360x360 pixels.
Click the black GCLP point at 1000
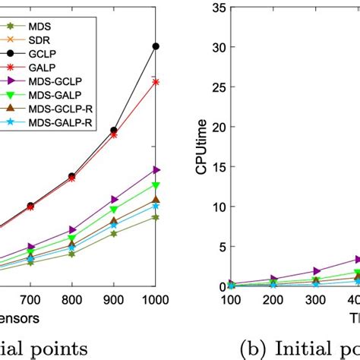(156, 46)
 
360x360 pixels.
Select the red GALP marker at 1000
(156, 81)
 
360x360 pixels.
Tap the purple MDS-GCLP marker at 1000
(156, 169)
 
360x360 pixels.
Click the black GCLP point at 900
(114, 130)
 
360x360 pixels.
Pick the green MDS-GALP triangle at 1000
(156, 185)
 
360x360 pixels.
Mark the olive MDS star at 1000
(156, 217)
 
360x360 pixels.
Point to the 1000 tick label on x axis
(155, 300)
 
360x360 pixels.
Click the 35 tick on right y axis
(218, 8)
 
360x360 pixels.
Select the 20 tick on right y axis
(218, 127)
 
